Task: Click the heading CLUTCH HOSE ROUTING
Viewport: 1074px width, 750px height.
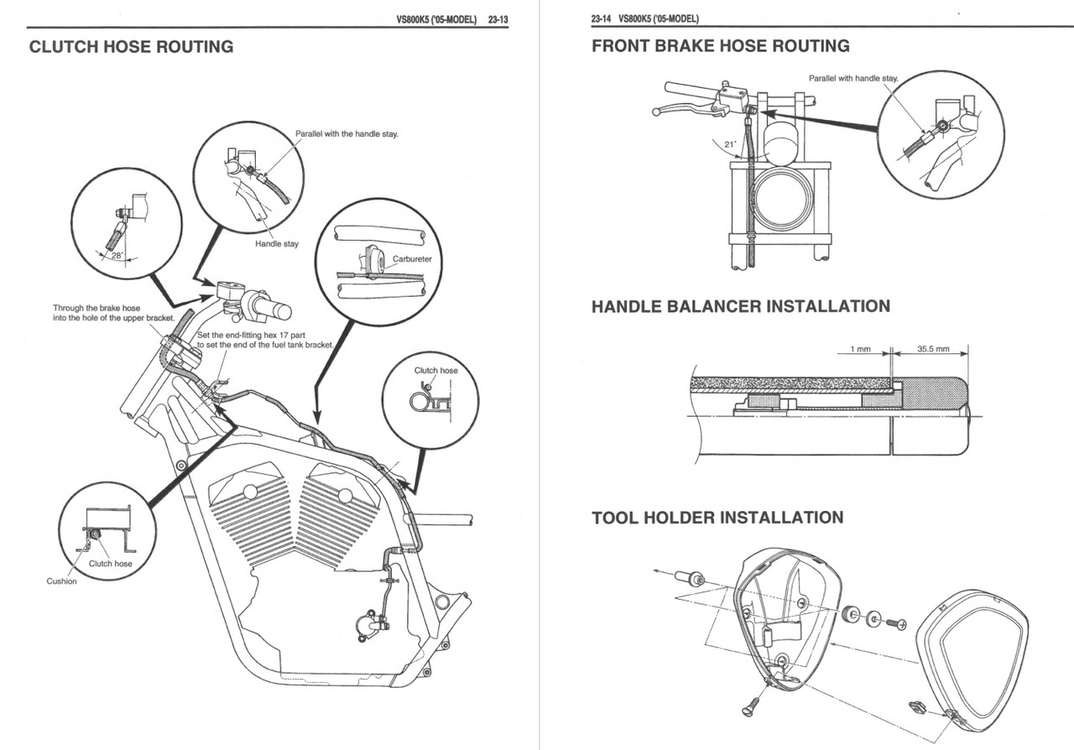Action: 131,47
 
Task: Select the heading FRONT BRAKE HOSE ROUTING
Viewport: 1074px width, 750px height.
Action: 720,46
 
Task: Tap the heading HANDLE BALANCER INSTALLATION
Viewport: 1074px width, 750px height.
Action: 741,306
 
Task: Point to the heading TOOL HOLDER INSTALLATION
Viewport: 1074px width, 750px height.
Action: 717,518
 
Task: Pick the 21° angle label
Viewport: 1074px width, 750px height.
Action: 729,143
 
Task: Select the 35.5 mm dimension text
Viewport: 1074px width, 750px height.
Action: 932,348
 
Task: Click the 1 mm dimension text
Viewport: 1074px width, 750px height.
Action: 861,348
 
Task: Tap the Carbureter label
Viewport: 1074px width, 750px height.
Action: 412,259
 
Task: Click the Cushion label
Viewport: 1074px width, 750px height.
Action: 61,581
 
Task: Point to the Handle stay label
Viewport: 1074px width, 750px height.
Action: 277,244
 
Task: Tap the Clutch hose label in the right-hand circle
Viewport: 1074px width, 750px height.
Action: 436,370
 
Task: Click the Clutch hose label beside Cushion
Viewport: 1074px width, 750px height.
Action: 110,564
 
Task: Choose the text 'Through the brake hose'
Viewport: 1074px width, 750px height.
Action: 96,309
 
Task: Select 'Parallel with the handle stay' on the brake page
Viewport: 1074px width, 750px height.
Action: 852,78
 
